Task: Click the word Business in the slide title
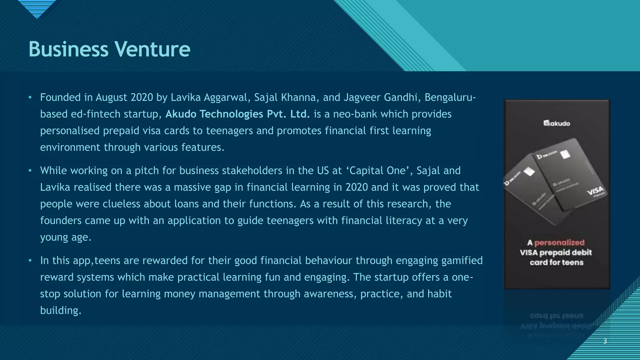pos(68,49)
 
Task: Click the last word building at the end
pos(60,310)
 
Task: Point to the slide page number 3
pos(605,341)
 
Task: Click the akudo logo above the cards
pos(557,123)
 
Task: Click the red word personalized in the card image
pos(559,242)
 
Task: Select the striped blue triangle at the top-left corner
pos(37,8)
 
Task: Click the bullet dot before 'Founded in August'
pos(30,97)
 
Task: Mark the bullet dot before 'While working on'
pos(30,171)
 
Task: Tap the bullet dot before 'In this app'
pos(30,260)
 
